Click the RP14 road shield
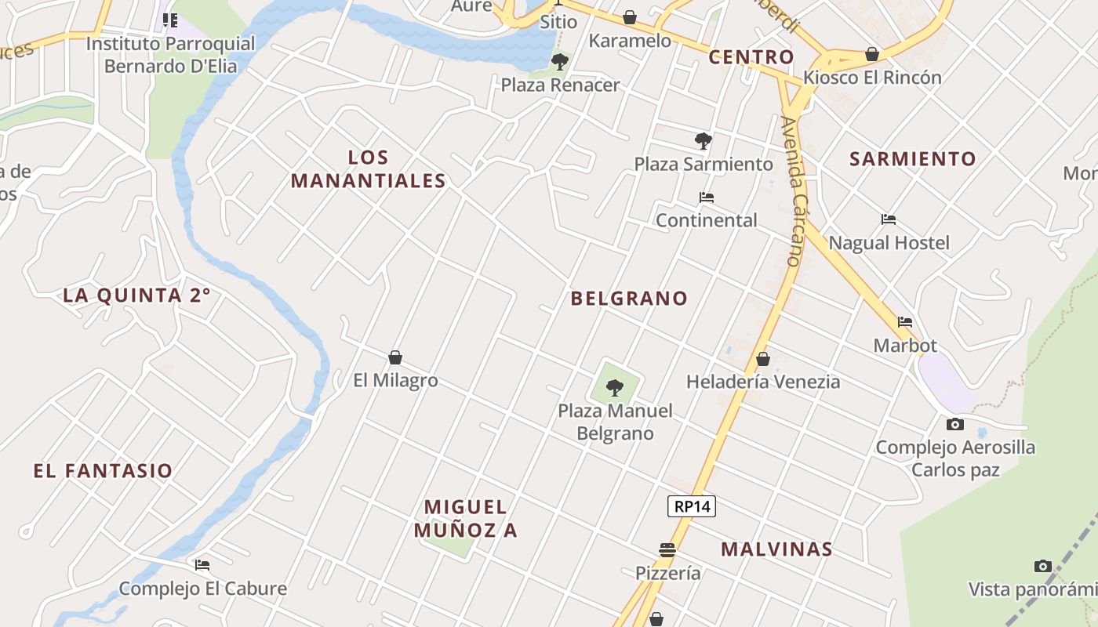[692, 506]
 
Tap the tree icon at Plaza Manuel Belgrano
[615, 387]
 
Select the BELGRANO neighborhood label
[629, 299]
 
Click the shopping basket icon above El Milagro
[395, 358]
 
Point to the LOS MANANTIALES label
[369, 169]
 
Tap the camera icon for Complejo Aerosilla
[954, 424]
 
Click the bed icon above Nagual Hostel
[889, 219]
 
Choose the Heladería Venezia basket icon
[762, 359]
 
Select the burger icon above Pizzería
[667, 550]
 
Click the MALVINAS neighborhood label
[776, 549]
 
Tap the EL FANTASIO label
[103, 471]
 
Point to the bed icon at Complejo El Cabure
[202, 564]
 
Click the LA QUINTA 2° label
[137, 295]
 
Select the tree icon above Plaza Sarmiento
[704, 141]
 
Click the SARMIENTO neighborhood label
[913, 159]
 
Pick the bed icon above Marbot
[905, 321]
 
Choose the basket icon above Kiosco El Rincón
[871, 54]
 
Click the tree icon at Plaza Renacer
[560, 61]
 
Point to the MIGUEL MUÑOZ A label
[466, 518]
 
